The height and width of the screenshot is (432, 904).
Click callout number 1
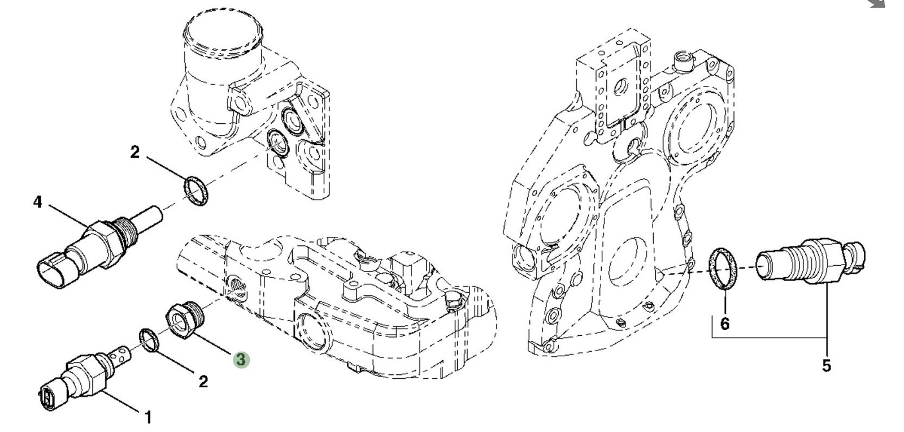pos(148,418)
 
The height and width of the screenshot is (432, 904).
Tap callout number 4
pos(37,202)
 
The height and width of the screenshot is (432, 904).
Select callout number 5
pos(826,366)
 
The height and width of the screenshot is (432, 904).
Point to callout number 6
pos(725,323)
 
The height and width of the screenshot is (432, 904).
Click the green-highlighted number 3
pos(241,359)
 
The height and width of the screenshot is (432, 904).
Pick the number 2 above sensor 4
pos(134,152)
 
